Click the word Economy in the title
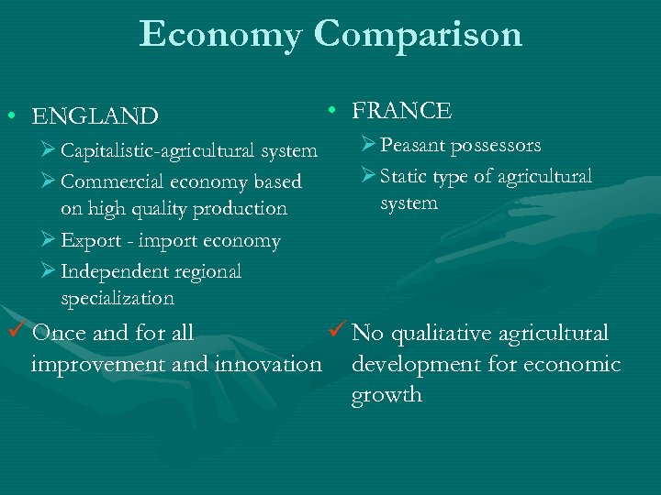coord(220,35)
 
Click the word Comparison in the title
coord(418,35)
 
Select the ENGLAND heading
coord(95,116)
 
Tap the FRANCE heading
coord(402,111)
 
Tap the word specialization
coord(117,298)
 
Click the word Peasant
coord(412,145)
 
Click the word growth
coord(387,395)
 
